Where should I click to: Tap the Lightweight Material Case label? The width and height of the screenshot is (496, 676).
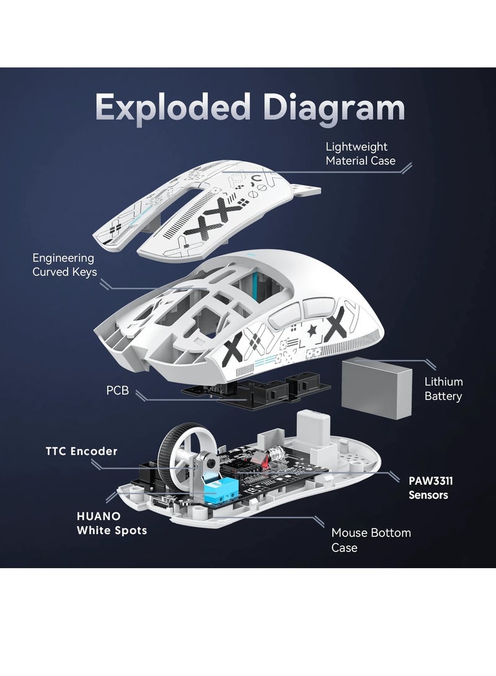point(360,154)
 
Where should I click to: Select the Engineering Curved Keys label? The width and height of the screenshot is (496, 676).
point(64,265)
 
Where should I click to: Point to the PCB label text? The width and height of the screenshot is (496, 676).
point(117,391)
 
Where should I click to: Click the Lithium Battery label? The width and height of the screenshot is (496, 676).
point(443,388)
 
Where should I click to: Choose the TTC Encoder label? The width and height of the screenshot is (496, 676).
point(81,451)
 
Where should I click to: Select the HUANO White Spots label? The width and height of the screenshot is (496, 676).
point(112,523)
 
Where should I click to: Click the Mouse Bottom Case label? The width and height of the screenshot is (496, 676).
point(371,540)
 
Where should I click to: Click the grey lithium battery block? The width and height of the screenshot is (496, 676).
point(377,385)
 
